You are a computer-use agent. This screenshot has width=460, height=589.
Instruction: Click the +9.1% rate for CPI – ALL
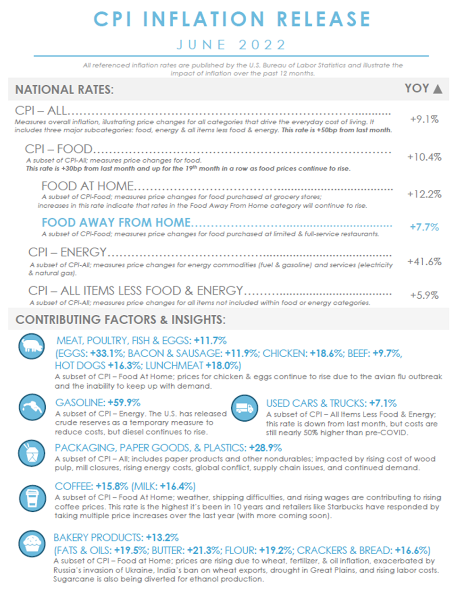[424, 119]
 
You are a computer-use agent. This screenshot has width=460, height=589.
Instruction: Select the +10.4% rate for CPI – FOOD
[424, 157]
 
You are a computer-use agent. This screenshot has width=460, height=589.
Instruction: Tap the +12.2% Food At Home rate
[424, 194]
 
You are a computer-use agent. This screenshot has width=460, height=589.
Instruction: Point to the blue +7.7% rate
[424, 227]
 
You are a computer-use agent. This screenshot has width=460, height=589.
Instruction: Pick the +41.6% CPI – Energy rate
[424, 262]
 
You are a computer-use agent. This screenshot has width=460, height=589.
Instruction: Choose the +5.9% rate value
[424, 295]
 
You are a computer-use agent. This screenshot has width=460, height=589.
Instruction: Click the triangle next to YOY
[437, 89]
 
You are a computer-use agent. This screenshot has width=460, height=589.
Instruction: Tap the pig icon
[32, 346]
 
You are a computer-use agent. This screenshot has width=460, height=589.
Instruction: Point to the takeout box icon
[32, 453]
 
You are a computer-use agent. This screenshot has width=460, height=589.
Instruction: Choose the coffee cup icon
[32, 498]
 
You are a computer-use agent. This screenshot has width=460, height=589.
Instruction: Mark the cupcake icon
[32, 543]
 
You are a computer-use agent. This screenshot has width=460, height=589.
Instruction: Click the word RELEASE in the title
[324, 19]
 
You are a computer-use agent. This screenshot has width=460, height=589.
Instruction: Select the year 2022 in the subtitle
[262, 45]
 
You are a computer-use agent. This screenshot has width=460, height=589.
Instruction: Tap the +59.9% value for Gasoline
[124, 403]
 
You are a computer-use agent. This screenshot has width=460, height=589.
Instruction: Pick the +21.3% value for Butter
[204, 550]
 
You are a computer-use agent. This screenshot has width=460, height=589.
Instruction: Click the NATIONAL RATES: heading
[64, 90]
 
